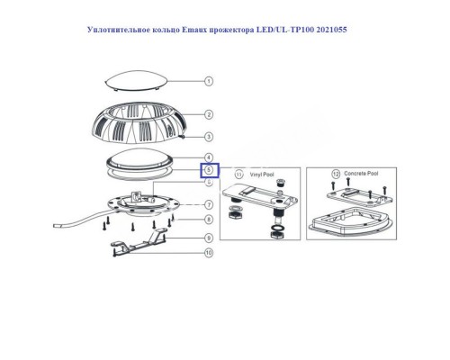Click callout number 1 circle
[209, 81]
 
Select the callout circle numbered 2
[209, 115]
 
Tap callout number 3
[209, 137]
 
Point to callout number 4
[209, 157]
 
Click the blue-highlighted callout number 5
[209, 169]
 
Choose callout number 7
[209, 204]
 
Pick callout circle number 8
[209, 219]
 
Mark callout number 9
[209, 238]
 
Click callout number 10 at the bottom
[209, 254]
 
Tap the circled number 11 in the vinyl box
[238, 173]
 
